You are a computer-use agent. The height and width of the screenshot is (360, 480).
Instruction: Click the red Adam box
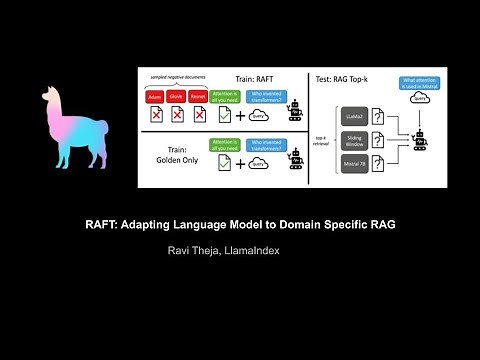(155, 97)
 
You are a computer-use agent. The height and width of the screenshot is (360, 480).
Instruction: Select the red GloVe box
(178, 97)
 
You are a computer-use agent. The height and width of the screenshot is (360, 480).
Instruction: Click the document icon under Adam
(155, 115)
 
